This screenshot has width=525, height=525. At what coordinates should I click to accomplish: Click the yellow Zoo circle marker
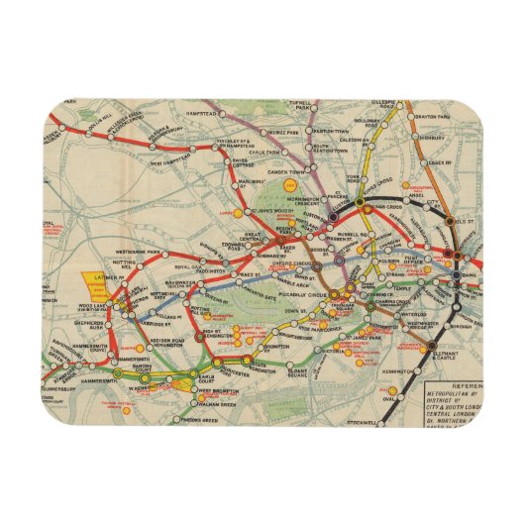point(290,186)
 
